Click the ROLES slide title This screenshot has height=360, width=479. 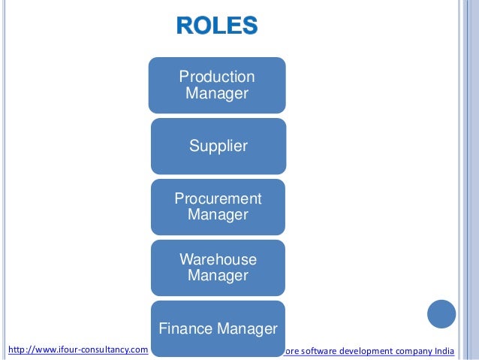(217, 26)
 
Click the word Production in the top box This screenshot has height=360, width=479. (217, 77)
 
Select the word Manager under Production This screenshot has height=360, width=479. (217, 93)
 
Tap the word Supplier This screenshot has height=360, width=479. (218, 146)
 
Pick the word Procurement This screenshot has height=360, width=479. (218, 198)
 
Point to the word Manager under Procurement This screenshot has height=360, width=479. (218, 215)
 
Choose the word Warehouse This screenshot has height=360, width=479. (218, 259)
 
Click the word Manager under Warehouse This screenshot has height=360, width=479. (218, 276)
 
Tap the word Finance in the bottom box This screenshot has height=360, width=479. (186, 328)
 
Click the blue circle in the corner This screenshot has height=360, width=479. (441, 314)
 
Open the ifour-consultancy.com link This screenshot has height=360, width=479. (77, 349)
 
